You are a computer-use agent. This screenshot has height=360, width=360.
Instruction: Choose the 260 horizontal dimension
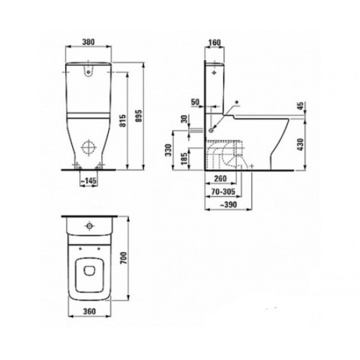pos(220,179)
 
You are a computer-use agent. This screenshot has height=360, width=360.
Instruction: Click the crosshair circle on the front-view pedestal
pos(89,148)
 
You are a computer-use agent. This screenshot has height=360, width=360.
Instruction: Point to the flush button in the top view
pos(89,226)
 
